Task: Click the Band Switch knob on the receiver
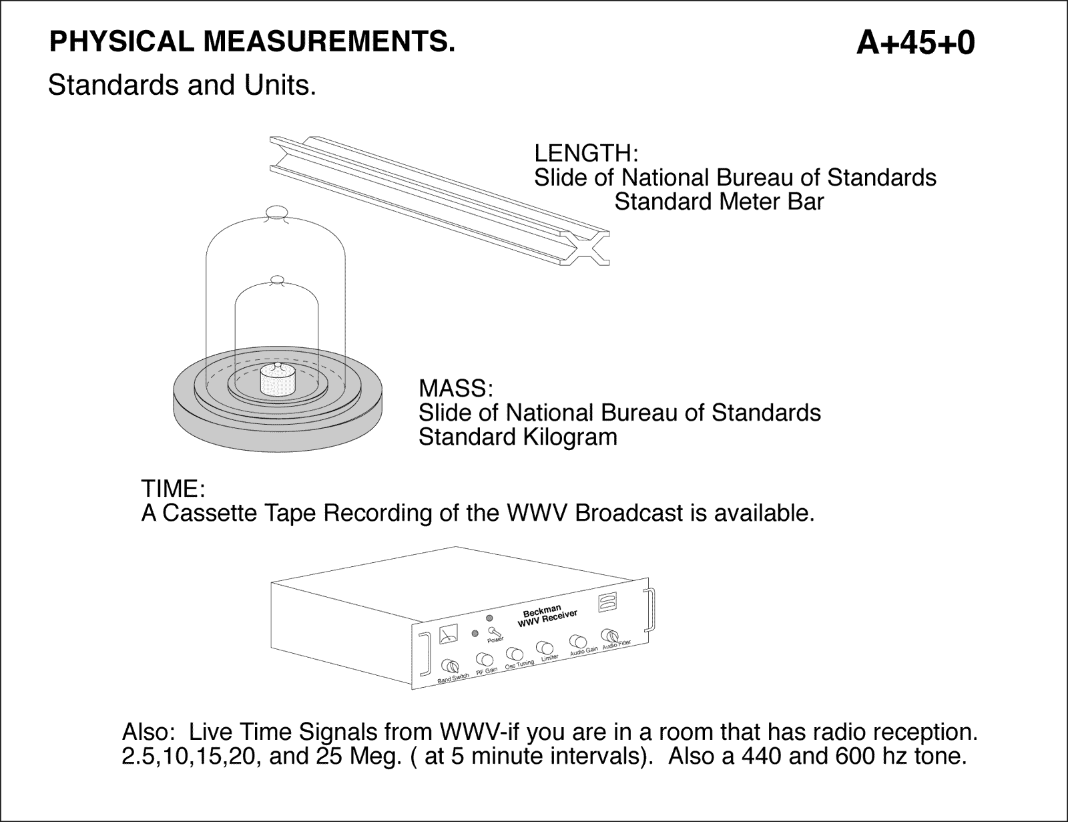click(451, 666)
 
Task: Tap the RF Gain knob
click(484, 660)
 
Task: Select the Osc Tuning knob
click(514, 654)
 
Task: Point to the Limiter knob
click(545, 648)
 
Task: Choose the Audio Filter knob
click(609, 635)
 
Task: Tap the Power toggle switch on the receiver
click(494, 631)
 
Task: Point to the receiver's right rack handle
click(650, 608)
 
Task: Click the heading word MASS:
click(455, 389)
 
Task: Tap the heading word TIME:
click(172, 489)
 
